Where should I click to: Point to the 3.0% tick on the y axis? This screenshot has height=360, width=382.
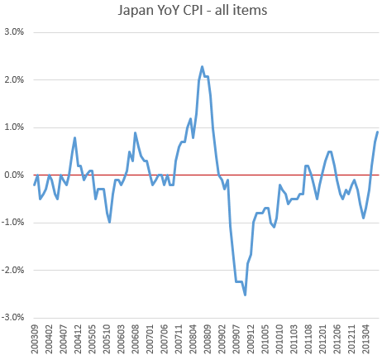(x=14, y=32)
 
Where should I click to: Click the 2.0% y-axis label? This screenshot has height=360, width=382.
(x=14, y=79)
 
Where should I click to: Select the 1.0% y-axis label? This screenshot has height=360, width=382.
(x=14, y=127)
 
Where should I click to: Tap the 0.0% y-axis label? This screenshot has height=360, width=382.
(x=14, y=175)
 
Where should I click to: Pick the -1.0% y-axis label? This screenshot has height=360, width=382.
(x=12, y=223)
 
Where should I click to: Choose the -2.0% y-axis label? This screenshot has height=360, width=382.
(x=12, y=270)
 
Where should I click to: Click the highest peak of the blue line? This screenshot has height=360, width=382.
(x=202, y=66)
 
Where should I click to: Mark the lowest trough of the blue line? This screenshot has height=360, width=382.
(x=245, y=295)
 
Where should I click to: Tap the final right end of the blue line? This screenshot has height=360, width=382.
(x=378, y=132)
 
